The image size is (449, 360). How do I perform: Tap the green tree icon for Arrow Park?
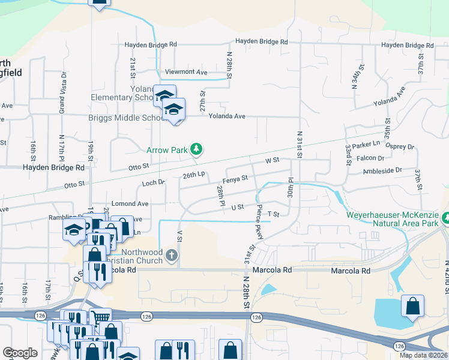click(196, 148)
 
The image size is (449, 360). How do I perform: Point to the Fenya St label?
click(235, 179)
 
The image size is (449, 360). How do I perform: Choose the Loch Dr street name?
click(153, 182)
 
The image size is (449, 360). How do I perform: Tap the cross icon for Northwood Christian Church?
click(171, 255)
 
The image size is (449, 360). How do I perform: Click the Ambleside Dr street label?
click(382, 171)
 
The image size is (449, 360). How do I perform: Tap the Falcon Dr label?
click(373, 158)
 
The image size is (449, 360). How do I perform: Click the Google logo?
click(20, 353)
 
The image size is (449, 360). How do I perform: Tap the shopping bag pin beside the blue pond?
click(413, 307)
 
